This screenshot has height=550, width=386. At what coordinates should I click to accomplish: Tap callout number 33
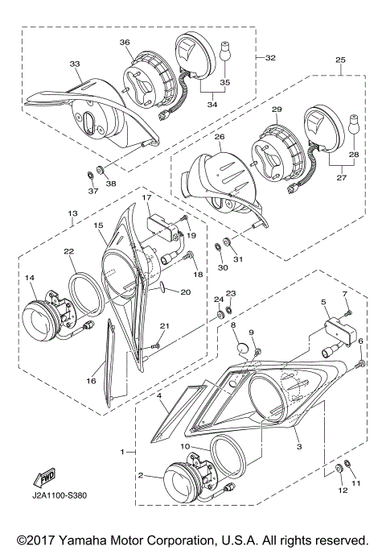tap(75, 63)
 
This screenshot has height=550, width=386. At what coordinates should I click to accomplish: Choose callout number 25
tap(340, 61)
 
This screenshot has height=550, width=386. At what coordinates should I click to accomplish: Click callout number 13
tap(72, 213)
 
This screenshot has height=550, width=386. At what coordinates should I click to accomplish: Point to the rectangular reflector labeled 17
tap(163, 226)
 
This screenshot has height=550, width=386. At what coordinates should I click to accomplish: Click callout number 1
tap(122, 453)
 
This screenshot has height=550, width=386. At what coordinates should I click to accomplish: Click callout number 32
tap(270, 58)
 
